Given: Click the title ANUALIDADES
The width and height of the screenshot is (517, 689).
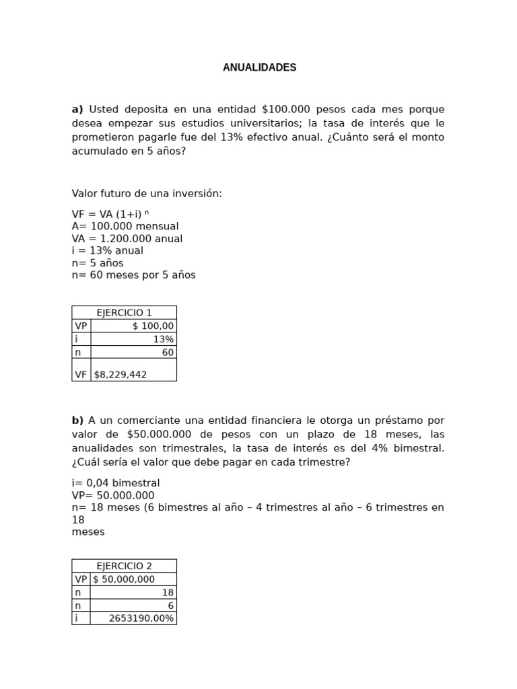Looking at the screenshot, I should tap(259, 68).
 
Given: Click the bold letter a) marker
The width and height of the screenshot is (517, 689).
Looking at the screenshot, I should tap(77, 109).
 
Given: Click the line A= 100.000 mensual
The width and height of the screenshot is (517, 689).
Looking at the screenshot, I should tap(125, 226).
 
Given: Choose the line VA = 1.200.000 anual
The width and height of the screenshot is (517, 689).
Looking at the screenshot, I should tap(127, 238).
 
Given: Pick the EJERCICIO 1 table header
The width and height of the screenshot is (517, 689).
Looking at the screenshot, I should tap(124, 312).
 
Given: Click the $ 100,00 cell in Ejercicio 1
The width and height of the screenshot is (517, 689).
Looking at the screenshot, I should tap(153, 326).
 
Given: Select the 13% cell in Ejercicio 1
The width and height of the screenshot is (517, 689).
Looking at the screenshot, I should tap(163, 339).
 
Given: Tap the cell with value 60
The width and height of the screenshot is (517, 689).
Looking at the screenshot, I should tap(168, 352).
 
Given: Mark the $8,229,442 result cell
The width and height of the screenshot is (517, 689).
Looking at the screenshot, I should tap(120, 374).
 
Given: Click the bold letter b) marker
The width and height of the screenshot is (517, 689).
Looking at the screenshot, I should tap(77, 421).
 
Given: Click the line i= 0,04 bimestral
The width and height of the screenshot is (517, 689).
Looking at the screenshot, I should tap(116, 483).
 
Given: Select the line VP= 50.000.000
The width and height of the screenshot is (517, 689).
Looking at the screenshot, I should tap(113, 495).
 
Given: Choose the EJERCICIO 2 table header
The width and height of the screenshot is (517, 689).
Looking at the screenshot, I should tap(124, 565).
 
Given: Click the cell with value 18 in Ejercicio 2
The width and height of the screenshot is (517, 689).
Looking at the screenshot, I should tap(168, 592).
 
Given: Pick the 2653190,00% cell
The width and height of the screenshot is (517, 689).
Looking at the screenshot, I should tap(141, 618).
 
